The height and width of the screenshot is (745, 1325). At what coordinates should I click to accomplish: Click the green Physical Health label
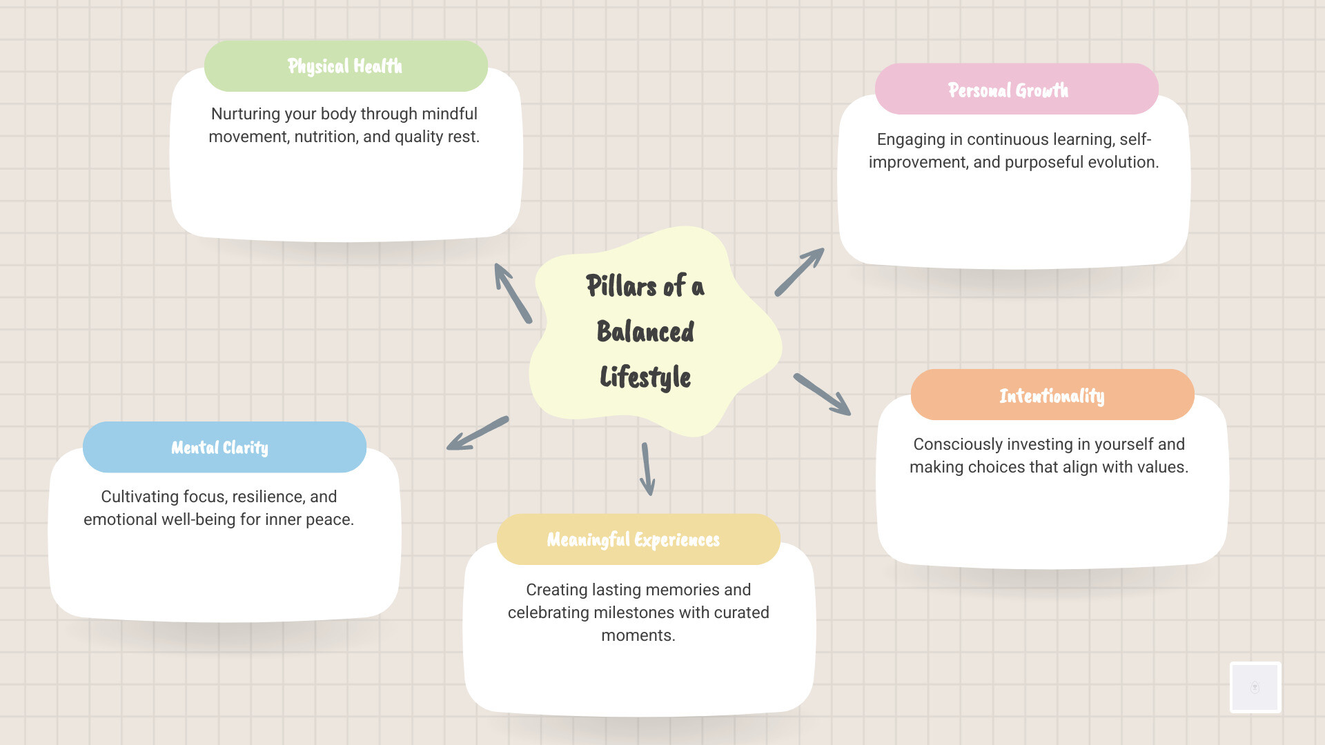[345, 66]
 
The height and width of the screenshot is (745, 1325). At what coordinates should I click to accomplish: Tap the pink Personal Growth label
[1008, 90]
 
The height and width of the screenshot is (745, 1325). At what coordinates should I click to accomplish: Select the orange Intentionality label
[1052, 395]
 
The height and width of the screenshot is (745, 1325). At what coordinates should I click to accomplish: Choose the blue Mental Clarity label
[219, 448]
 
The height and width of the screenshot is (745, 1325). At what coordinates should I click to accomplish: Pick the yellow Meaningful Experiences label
[633, 539]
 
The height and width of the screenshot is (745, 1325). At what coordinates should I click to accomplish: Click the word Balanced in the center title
[645, 332]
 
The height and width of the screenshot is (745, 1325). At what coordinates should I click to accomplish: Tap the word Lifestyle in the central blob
[645, 377]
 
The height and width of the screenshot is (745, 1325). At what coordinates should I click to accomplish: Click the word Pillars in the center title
[621, 286]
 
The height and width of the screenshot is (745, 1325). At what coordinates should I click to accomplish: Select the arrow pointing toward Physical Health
[513, 293]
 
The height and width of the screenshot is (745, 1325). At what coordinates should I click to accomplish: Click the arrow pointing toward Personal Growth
[799, 272]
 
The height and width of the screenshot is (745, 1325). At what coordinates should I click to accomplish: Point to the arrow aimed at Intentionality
[821, 395]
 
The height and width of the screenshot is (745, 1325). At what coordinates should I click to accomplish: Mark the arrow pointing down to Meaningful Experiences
[647, 469]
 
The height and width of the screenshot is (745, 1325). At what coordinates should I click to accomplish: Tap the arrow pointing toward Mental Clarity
[478, 434]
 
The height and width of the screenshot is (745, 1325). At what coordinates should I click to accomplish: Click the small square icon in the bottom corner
[1255, 687]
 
